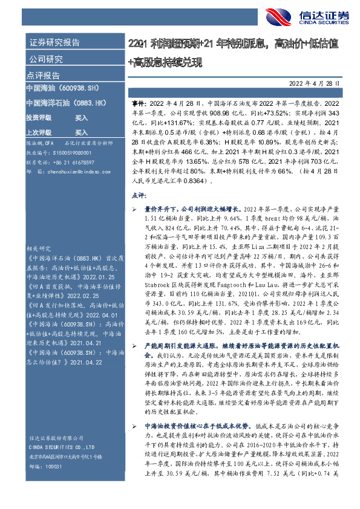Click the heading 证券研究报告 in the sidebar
54,43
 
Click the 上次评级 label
38,132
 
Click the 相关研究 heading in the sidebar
38,248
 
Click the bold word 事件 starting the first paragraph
138,104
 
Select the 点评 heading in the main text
139,195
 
